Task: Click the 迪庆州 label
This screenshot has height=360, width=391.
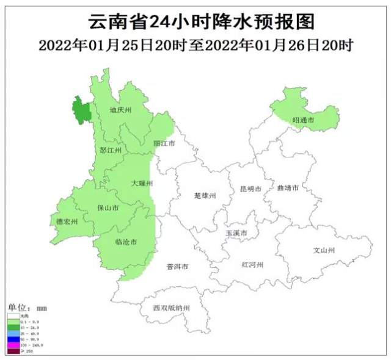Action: tap(120, 111)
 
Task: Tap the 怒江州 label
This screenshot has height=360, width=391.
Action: tap(111, 149)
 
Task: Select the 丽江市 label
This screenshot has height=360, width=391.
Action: tap(164, 143)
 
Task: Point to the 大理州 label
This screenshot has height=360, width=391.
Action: tap(142, 183)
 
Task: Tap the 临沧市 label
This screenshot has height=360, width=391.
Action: tap(126, 242)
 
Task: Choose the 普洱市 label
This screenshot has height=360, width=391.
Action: tap(177, 267)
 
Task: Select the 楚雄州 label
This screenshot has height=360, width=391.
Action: tap(205, 196)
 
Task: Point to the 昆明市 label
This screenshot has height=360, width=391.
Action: tap(250, 190)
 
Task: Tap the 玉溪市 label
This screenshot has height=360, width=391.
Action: tap(236, 234)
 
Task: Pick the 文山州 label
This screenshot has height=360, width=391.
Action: tap(324, 250)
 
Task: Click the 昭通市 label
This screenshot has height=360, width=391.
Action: tap(303, 121)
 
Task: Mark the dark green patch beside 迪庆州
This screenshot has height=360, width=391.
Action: tap(81, 110)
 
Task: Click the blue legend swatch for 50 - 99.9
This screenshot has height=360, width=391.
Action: tap(12, 339)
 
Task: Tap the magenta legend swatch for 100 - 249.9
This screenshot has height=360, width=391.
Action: tap(12, 345)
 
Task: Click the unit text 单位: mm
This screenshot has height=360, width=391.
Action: tap(27, 307)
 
